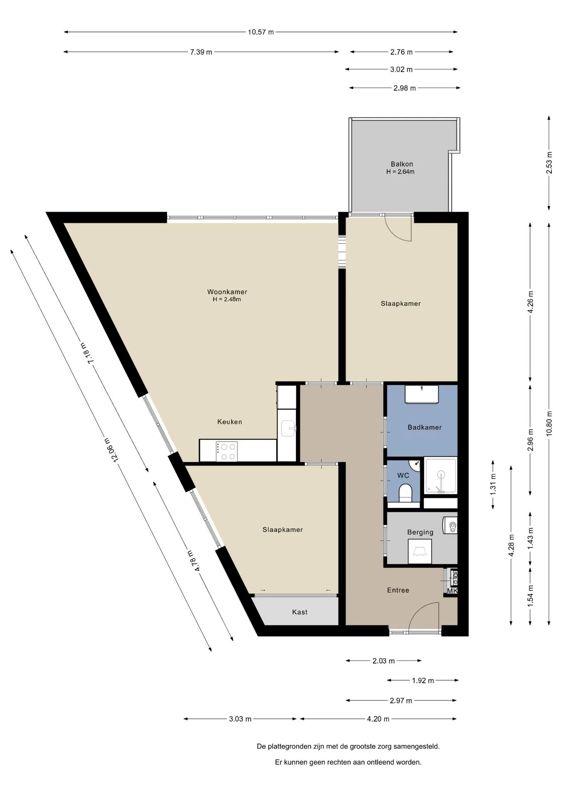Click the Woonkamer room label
tap(227, 292)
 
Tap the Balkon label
tap(402, 164)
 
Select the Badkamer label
tap(425, 427)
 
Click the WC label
tap(403, 475)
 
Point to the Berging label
tap(420, 532)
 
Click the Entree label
tap(398, 590)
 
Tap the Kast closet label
tap(300, 612)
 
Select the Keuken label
tap(230, 422)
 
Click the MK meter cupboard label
tap(452, 591)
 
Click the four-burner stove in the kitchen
tap(227, 451)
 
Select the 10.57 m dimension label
tap(261, 32)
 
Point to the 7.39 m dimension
tap(201, 52)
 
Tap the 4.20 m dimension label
tap(378, 719)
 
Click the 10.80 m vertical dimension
tap(549, 423)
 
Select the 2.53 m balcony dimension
tap(549, 163)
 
